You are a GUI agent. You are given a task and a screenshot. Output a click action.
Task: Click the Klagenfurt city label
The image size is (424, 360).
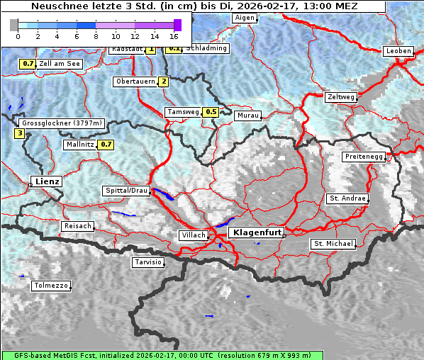pyautogui.click(x=258, y=232)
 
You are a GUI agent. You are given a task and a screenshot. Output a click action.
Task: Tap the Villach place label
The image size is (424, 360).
pyautogui.click(x=194, y=235)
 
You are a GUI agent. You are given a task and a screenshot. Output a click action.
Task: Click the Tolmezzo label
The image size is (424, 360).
pyautogui.click(x=51, y=286)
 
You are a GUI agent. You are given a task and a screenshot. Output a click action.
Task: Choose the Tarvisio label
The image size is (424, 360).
pyautogui.click(x=148, y=262)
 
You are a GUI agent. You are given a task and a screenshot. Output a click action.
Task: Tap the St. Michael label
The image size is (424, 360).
pyautogui.click(x=333, y=244)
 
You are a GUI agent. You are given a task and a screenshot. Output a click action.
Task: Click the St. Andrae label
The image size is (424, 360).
pyautogui.click(x=347, y=198)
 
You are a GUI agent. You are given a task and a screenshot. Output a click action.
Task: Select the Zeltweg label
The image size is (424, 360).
pyautogui.click(x=341, y=96)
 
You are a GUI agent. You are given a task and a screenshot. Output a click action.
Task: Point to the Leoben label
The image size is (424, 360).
pyautogui.click(x=398, y=51)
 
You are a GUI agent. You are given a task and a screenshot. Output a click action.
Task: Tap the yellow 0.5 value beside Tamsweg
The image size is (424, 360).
pyautogui.click(x=211, y=112)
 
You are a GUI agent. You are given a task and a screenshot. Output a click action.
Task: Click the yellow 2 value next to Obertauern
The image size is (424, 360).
pyautogui.click(x=164, y=81)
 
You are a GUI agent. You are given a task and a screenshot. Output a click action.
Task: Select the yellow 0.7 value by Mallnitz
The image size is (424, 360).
pyautogui.click(x=106, y=145)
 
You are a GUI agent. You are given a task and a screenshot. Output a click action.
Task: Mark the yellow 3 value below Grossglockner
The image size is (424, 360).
pyautogui.click(x=19, y=133)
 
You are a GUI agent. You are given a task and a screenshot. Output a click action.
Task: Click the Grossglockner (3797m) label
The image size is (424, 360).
pyautogui.click(x=62, y=123)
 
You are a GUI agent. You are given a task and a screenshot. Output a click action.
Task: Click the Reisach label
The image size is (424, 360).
pyautogui.click(x=78, y=226)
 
